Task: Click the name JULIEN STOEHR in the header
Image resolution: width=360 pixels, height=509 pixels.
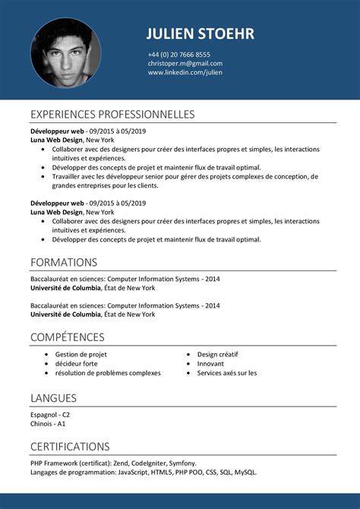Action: [x=200, y=33]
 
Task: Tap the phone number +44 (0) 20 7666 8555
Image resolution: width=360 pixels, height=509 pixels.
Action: [x=179, y=55]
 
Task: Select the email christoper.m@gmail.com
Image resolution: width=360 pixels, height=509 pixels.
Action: [x=185, y=64]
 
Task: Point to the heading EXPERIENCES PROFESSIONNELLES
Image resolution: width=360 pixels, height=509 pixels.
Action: [x=112, y=115]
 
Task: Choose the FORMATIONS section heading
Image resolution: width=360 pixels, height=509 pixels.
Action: [x=64, y=262]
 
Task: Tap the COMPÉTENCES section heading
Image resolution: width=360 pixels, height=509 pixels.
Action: [x=68, y=337]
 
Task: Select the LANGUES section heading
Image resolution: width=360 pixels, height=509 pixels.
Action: [x=53, y=398]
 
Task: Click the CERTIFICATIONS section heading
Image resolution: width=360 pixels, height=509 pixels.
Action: [x=70, y=447]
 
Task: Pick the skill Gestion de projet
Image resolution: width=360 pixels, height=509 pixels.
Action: [x=81, y=355]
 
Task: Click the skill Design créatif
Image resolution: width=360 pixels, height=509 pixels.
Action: [x=217, y=355]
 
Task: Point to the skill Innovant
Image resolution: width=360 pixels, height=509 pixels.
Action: [x=210, y=364]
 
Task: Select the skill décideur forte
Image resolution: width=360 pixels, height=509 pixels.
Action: [x=76, y=364]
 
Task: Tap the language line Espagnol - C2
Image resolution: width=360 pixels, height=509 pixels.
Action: [x=50, y=415]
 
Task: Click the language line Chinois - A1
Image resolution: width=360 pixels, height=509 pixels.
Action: [x=48, y=424]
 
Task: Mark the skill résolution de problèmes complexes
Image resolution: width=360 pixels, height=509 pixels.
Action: [x=107, y=373]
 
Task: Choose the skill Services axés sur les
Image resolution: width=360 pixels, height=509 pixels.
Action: [x=226, y=373]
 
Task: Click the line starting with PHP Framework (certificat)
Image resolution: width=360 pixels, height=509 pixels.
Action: [x=113, y=463]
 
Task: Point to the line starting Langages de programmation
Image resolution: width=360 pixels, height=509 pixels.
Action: [x=144, y=472]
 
